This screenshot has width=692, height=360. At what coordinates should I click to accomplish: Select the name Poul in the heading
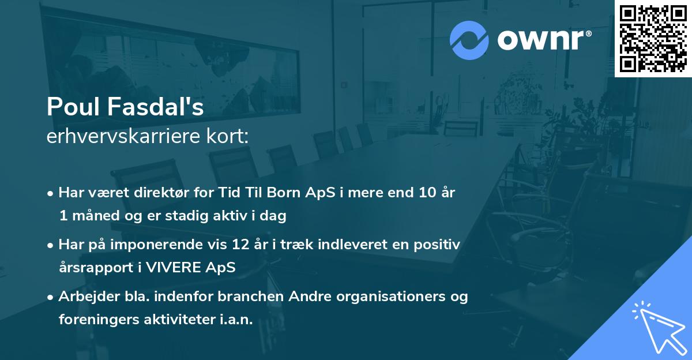67,107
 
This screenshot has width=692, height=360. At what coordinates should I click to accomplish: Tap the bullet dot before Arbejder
51,297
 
